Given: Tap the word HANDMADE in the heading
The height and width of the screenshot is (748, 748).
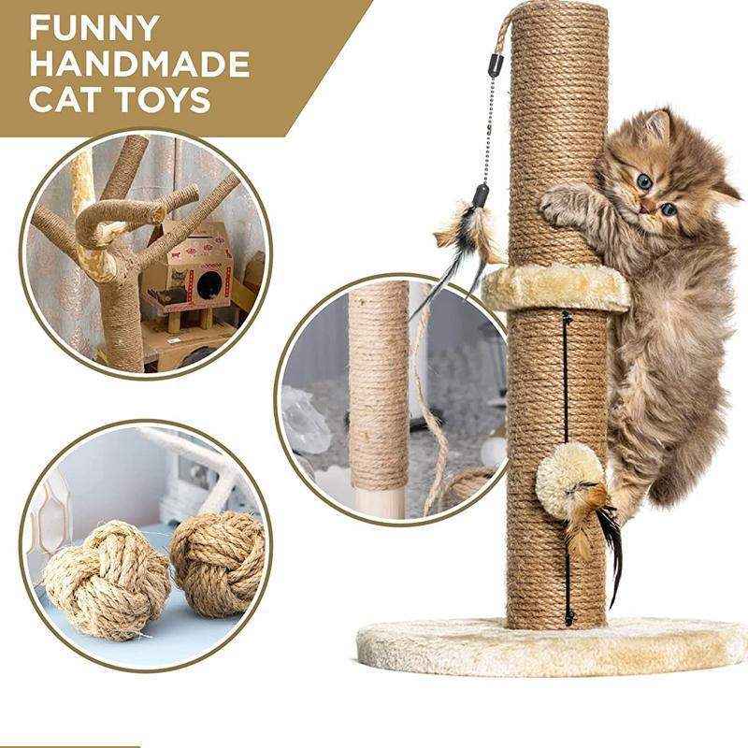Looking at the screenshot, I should click(x=138, y=63).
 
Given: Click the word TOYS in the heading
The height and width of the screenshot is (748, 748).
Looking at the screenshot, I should click(x=165, y=99).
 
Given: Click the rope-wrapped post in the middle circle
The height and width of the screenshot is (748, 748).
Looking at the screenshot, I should click(x=379, y=383).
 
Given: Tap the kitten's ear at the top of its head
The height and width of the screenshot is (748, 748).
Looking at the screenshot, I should click(x=656, y=126).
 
